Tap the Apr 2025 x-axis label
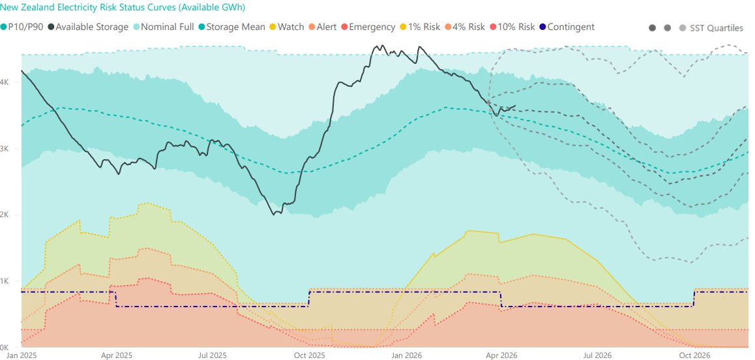coord(117,355)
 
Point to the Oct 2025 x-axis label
coord(310,355)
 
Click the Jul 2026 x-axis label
coord(597,355)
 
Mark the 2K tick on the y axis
coord(5,215)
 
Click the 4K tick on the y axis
coord(5,82)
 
